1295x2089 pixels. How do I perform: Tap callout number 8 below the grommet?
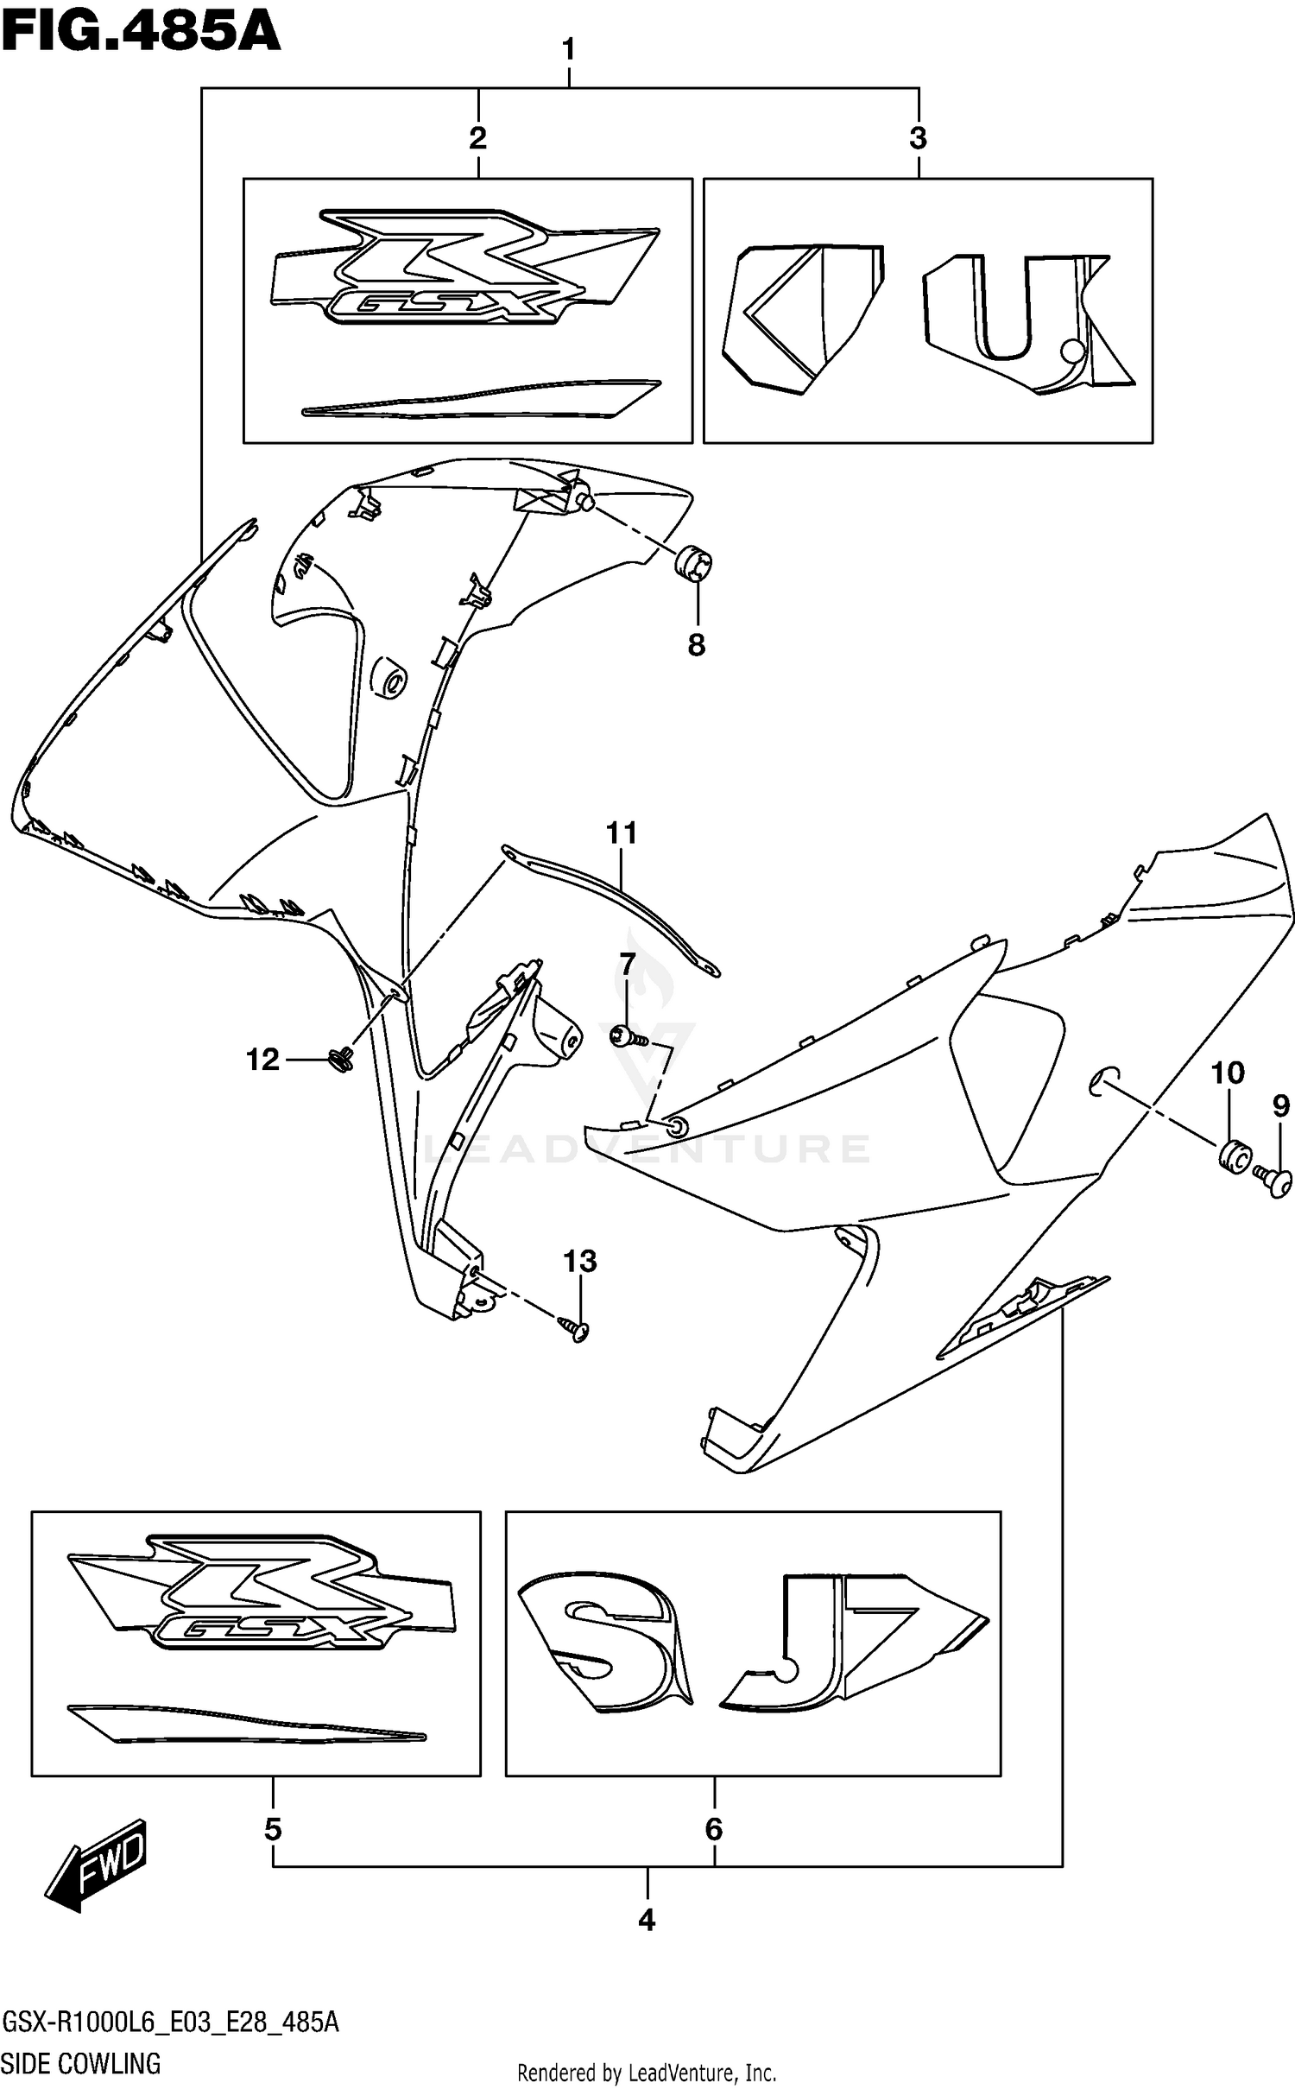click(x=696, y=644)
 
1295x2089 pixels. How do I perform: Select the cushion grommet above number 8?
click(x=692, y=564)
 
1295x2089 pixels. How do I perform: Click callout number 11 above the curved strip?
click(x=621, y=833)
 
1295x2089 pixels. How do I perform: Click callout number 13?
click(x=580, y=1262)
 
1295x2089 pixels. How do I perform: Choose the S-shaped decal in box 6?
click(x=604, y=1637)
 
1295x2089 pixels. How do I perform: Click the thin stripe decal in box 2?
click(x=481, y=399)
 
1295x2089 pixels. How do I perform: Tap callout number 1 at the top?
click(x=568, y=50)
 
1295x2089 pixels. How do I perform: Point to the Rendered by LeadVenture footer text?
click(x=646, y=2073)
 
